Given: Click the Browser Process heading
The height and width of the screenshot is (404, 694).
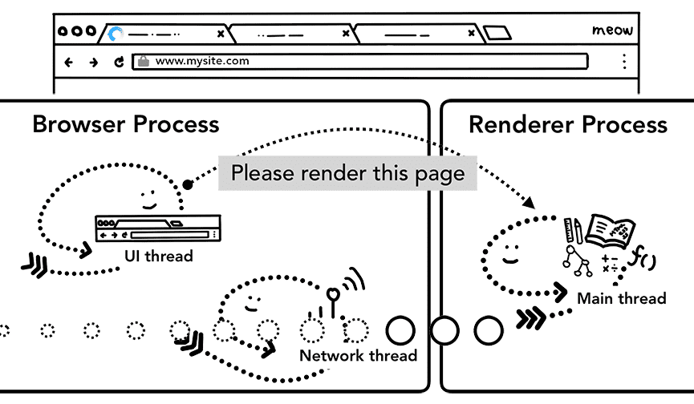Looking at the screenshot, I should point(125,125).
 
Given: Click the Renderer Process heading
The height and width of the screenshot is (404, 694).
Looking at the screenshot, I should point(567,125).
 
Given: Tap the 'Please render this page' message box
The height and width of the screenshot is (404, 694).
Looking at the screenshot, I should point(347,172).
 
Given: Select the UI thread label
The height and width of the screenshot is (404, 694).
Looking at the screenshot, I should point(158,256).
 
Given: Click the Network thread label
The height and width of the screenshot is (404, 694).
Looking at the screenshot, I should point(358,355).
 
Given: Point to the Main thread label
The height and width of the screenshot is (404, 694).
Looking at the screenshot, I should point(621,298).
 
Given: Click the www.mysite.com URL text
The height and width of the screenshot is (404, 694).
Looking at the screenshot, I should point(201,61).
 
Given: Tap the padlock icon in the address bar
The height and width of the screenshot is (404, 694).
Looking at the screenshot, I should point(144,61).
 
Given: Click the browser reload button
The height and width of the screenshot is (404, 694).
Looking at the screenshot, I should point(120,62).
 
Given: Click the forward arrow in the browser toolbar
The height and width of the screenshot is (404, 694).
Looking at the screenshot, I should point(94,62).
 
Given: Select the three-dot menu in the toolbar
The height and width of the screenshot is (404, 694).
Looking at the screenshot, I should point(623,62).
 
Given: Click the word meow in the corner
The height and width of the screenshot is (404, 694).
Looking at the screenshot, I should point(612,30).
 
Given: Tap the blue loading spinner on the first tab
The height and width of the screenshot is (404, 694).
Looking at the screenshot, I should point(116,34).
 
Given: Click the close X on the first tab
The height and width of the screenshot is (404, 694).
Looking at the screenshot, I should point(221,34).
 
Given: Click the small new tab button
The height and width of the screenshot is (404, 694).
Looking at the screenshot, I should point(497,34).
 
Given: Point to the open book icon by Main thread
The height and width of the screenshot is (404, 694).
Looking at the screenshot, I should point(609,230).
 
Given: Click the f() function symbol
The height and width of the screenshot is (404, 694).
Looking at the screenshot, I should point(643,257).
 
